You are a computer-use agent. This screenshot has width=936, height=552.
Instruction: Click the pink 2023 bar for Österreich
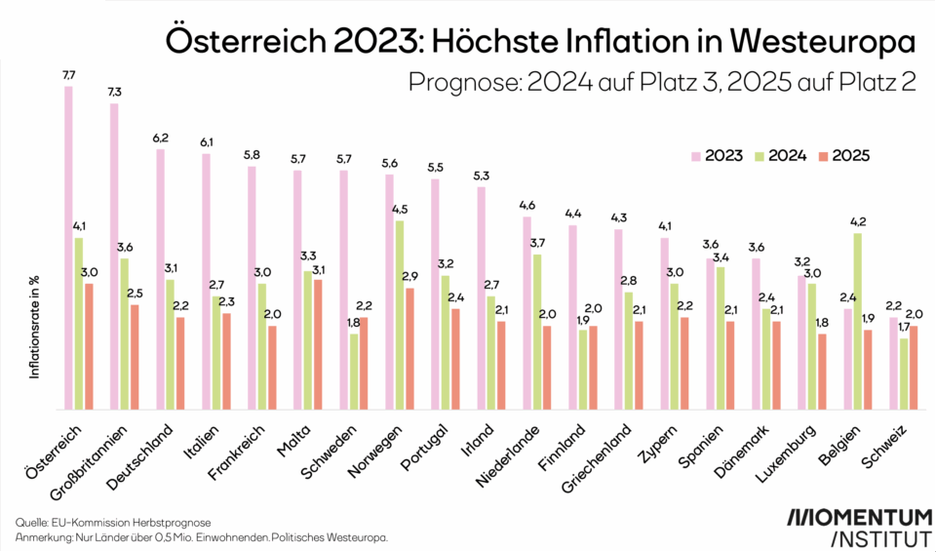[x=68, y=248]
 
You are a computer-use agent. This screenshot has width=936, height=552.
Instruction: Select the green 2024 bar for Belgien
[x=857, y=321]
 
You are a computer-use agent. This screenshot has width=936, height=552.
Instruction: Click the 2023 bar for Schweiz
[x=892, y=363]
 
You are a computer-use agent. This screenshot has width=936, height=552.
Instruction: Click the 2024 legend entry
[x=774, y=156]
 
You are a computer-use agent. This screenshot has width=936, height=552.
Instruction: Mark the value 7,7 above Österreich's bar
[x=68, y=75]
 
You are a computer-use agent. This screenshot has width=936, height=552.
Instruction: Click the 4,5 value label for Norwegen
[x=399, y=210]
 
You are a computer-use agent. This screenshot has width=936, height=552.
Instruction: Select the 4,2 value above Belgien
[x=857, y=221]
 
